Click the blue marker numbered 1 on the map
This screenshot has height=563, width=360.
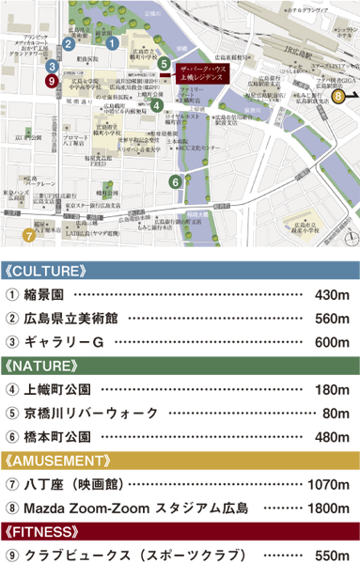[112, 42]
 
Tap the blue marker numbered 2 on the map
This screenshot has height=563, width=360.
[69, 43]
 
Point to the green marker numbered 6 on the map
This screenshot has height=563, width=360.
[175, 181]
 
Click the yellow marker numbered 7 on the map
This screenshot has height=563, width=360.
[28, 235]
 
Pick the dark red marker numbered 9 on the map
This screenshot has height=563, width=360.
[51, 81]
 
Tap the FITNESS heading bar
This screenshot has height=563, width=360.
[180, 532]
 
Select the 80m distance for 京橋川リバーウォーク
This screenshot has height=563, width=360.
[335, 412]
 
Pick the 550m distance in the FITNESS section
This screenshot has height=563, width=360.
[330, 555]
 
